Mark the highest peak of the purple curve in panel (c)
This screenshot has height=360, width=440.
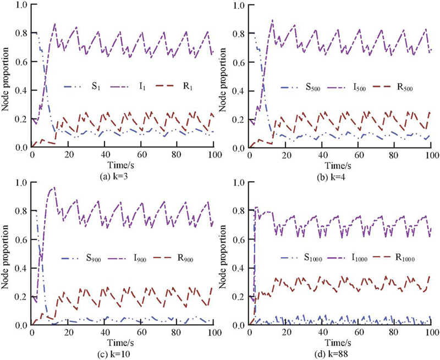[53, 188]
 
